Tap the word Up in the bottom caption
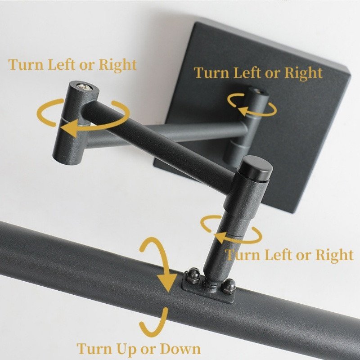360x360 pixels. [126, 350]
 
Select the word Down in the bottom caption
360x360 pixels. [180, 349]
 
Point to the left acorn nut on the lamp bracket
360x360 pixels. [192, 275]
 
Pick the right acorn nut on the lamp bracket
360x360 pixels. [229, 286]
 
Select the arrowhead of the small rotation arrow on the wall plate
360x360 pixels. [243, 110]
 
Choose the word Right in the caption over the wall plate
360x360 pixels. [303, 73]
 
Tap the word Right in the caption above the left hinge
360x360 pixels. [117, 65]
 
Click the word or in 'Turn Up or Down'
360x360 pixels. [148, 351]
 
